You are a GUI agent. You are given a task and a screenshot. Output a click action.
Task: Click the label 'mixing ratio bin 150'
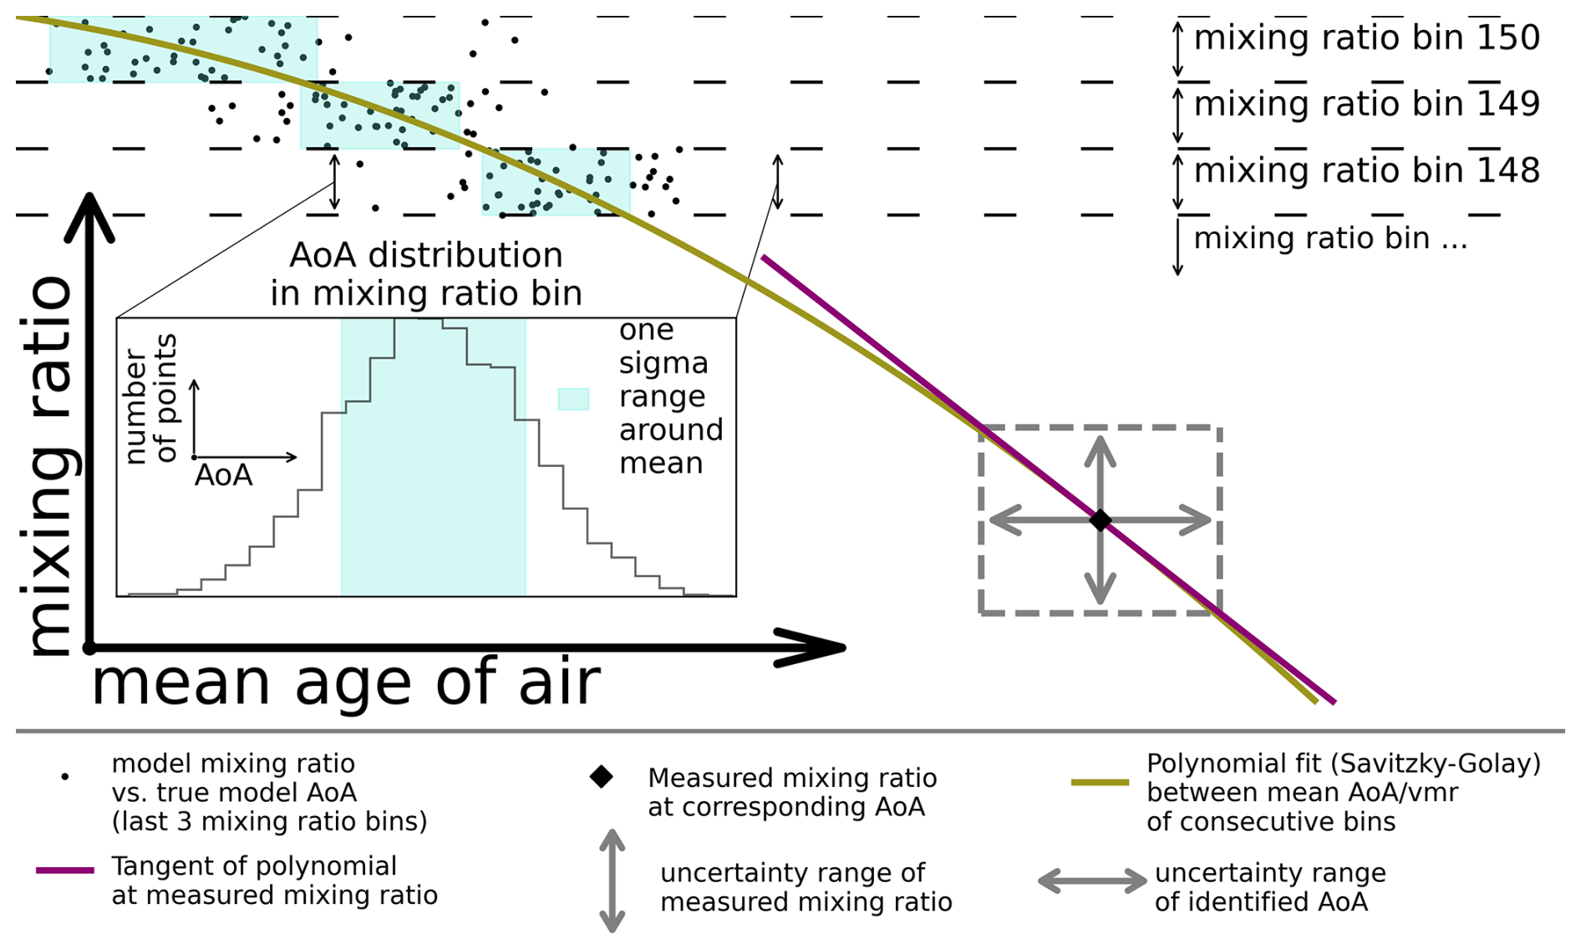coord(1365,38)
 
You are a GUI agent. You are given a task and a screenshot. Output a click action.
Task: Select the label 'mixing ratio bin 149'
coord(1365,104)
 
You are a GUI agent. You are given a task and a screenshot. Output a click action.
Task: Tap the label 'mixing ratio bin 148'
coord(1365,171)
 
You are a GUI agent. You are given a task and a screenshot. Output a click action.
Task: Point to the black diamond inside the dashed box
coord(1101,520)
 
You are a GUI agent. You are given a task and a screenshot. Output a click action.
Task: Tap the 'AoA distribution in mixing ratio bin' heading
coord(425,274)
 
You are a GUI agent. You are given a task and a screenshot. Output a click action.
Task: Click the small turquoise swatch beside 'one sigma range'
coord(573,398)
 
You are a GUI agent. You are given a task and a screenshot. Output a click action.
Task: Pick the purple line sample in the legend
coord(65,870)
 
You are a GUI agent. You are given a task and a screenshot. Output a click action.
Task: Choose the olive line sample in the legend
coord(1100,783)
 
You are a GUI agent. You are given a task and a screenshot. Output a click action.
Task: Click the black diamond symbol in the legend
coord(601,777)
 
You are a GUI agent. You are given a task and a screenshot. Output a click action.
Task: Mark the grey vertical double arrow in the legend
coord(613,880)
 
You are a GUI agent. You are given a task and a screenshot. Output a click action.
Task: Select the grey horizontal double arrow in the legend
coord(1092,880)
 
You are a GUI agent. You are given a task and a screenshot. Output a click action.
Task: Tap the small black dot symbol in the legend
coord(65,777)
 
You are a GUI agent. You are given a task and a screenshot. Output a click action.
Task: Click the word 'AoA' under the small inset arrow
coord(223,476)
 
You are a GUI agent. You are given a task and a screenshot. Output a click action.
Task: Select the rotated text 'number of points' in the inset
coord(151,398)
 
